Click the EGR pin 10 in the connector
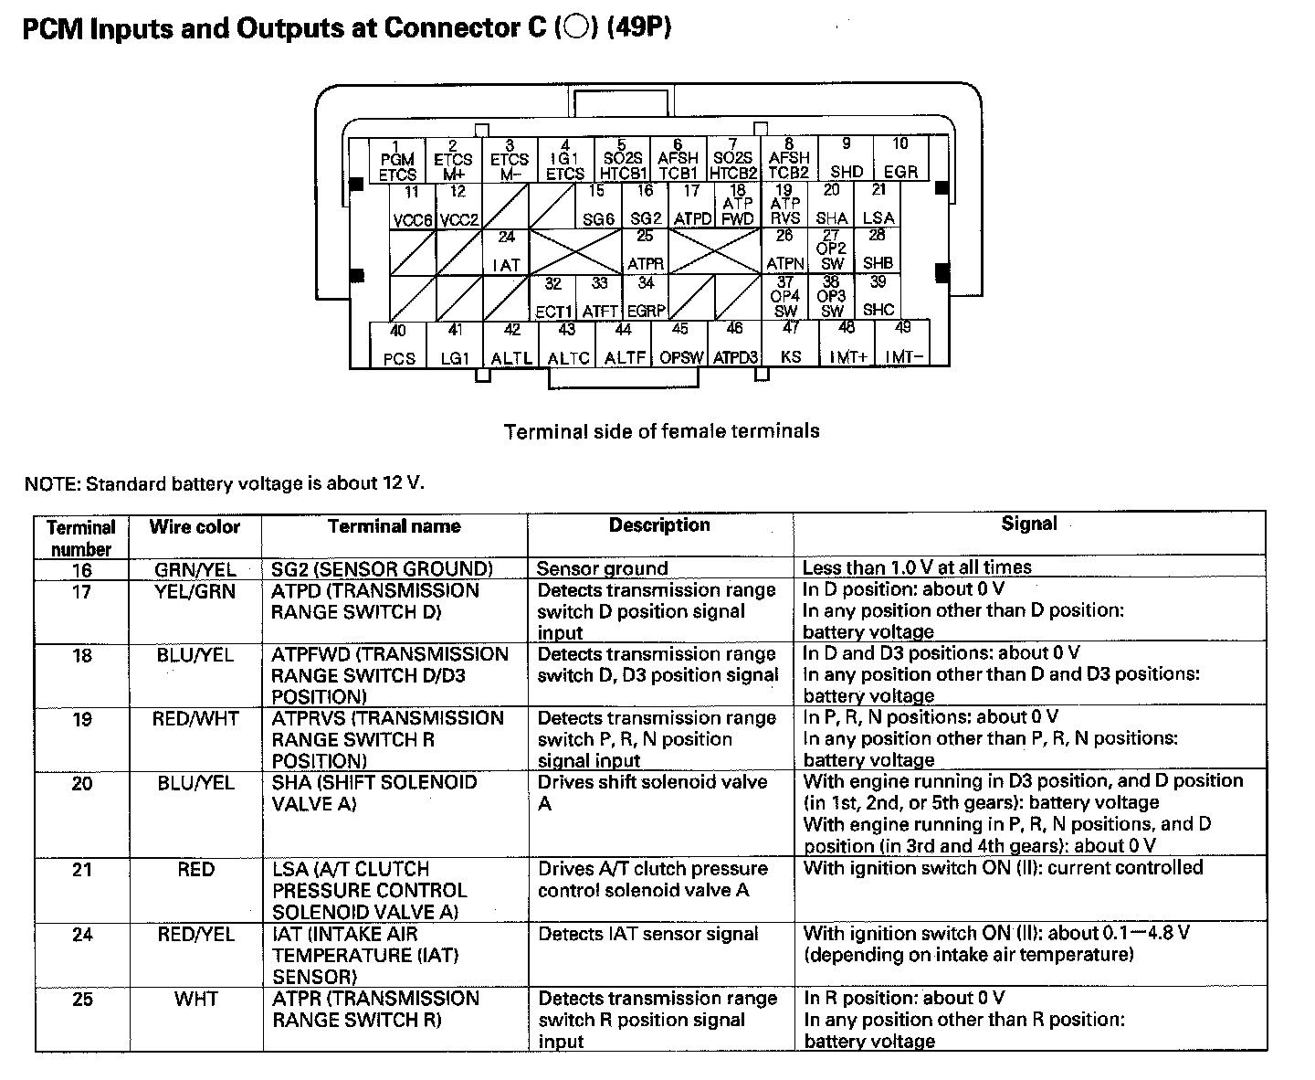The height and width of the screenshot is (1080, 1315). point(900,159)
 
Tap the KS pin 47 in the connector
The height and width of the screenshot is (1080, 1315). point(791,344)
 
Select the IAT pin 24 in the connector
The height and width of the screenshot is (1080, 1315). point(506,252)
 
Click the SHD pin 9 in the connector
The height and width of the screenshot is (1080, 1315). point(846,159)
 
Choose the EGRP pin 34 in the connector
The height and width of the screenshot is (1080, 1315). point(646,298)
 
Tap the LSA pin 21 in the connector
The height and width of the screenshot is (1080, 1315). point(878,206)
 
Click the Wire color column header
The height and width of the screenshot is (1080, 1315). point(195,527)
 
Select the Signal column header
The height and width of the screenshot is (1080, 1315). point(1028,524)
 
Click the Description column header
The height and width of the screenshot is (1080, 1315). point(659,525)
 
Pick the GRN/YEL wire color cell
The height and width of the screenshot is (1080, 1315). point(195,569)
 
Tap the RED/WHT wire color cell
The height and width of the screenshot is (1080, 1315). point(195,719)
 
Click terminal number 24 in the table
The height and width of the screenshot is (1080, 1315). point(82,935)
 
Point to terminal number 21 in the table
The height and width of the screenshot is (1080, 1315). point(82,869)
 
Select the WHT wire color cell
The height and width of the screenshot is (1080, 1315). point(195,1000)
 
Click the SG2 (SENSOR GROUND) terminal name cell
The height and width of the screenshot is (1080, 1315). point(382,569)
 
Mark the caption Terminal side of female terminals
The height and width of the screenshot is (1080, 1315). point(661,431)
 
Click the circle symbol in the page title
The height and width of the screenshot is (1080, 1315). point(575,28)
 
